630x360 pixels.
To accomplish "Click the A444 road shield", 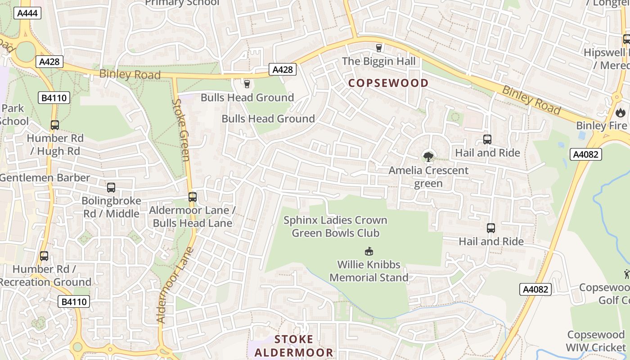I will click(28, 13).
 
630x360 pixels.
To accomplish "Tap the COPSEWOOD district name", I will click(388, 83).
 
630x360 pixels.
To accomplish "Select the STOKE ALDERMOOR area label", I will click(294, 346).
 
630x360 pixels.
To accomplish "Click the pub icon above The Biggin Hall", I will click(378, 48).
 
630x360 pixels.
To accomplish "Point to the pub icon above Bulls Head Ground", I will click(247, 84).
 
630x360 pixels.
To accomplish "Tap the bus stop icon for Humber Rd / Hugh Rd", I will click(55, 125).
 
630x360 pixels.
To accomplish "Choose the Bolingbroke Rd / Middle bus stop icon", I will click(111, 188).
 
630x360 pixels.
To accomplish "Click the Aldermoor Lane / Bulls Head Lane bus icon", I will click(193, 197).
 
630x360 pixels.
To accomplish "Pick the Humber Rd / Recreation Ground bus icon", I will click(44, 256).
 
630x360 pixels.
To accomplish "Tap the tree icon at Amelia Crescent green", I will click(428, 157).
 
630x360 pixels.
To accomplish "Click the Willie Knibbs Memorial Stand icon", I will click(369, 251).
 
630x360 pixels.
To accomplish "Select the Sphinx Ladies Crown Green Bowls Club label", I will click(335, 226).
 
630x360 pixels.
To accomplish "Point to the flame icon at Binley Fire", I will click(621, 112).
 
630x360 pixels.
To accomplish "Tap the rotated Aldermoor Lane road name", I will click(175, 285).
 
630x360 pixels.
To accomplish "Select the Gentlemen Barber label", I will click(45, 178).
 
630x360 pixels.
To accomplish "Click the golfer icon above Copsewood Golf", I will click(626, 274).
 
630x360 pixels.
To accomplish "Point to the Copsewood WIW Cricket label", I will click(596, 341).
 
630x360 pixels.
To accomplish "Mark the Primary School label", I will click(182, 3).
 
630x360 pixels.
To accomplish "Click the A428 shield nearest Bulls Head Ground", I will click(283, 69).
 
